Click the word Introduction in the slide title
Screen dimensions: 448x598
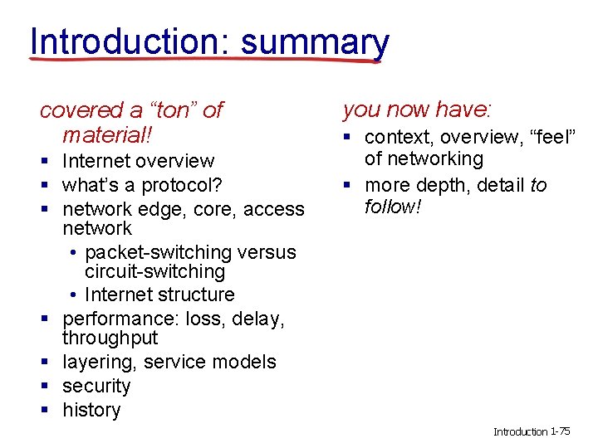[x=123, y=40]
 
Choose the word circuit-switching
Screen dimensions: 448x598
[x=154, y=272]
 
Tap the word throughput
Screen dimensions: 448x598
[x=110, y=338]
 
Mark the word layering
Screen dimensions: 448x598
[x=99, y=362]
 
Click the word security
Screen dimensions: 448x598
[x=96, y=386]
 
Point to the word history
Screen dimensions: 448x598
[x=91, y=410]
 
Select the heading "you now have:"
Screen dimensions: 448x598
[x=417, y=109]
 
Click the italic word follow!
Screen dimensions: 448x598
[x=393, y=206]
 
